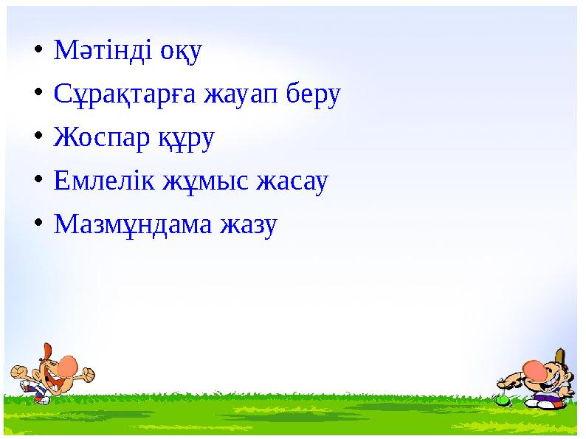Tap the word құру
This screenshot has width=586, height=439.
pyautogui.click(x=185, y=139)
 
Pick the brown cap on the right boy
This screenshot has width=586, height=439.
pyautogui.click(x=559, y=357)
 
